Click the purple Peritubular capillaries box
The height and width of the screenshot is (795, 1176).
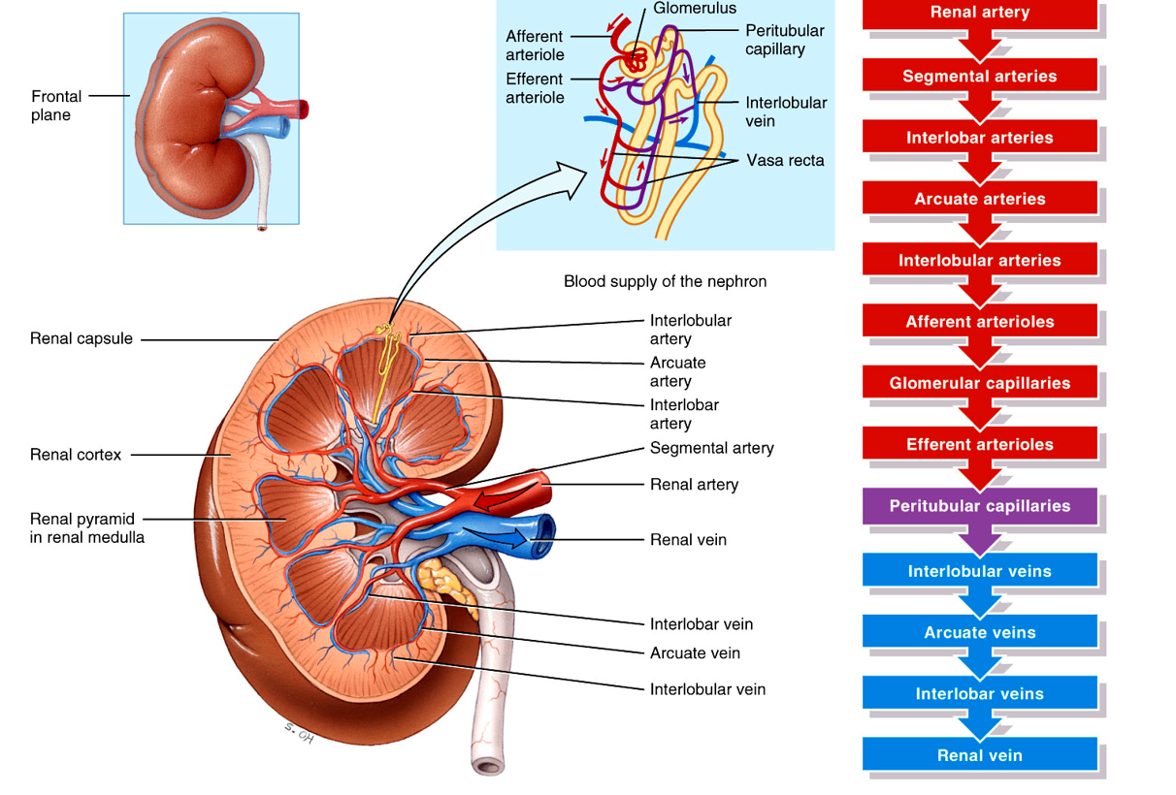click(x=980, y=506)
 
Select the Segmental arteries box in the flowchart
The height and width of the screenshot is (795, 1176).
click(x=980, y=77)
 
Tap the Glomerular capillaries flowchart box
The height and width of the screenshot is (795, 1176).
click(x=980, y=383)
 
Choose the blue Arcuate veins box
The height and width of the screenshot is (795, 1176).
click(x=980, y=633)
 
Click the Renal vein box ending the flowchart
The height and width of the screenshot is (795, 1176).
click(x=980, y=755)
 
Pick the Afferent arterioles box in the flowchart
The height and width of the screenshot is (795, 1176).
click(x=980, y=322)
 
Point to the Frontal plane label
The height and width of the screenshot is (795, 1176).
click(x=56, y=106)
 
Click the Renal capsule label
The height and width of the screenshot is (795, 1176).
click(x=82, y=339)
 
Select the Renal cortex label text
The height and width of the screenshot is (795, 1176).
click(x=76, y=455)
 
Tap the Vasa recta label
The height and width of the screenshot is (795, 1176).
click(x=785, y=161)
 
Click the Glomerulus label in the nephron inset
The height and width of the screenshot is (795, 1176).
click(x=695, y=9)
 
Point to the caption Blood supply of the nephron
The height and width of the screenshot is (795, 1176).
click(x=665, y=282)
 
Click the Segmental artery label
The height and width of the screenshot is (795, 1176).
click(x=711, y=448)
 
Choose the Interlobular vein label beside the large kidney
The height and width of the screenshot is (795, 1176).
click(x=707, y=689)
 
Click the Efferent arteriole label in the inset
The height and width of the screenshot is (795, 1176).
click(x=535, y=88)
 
